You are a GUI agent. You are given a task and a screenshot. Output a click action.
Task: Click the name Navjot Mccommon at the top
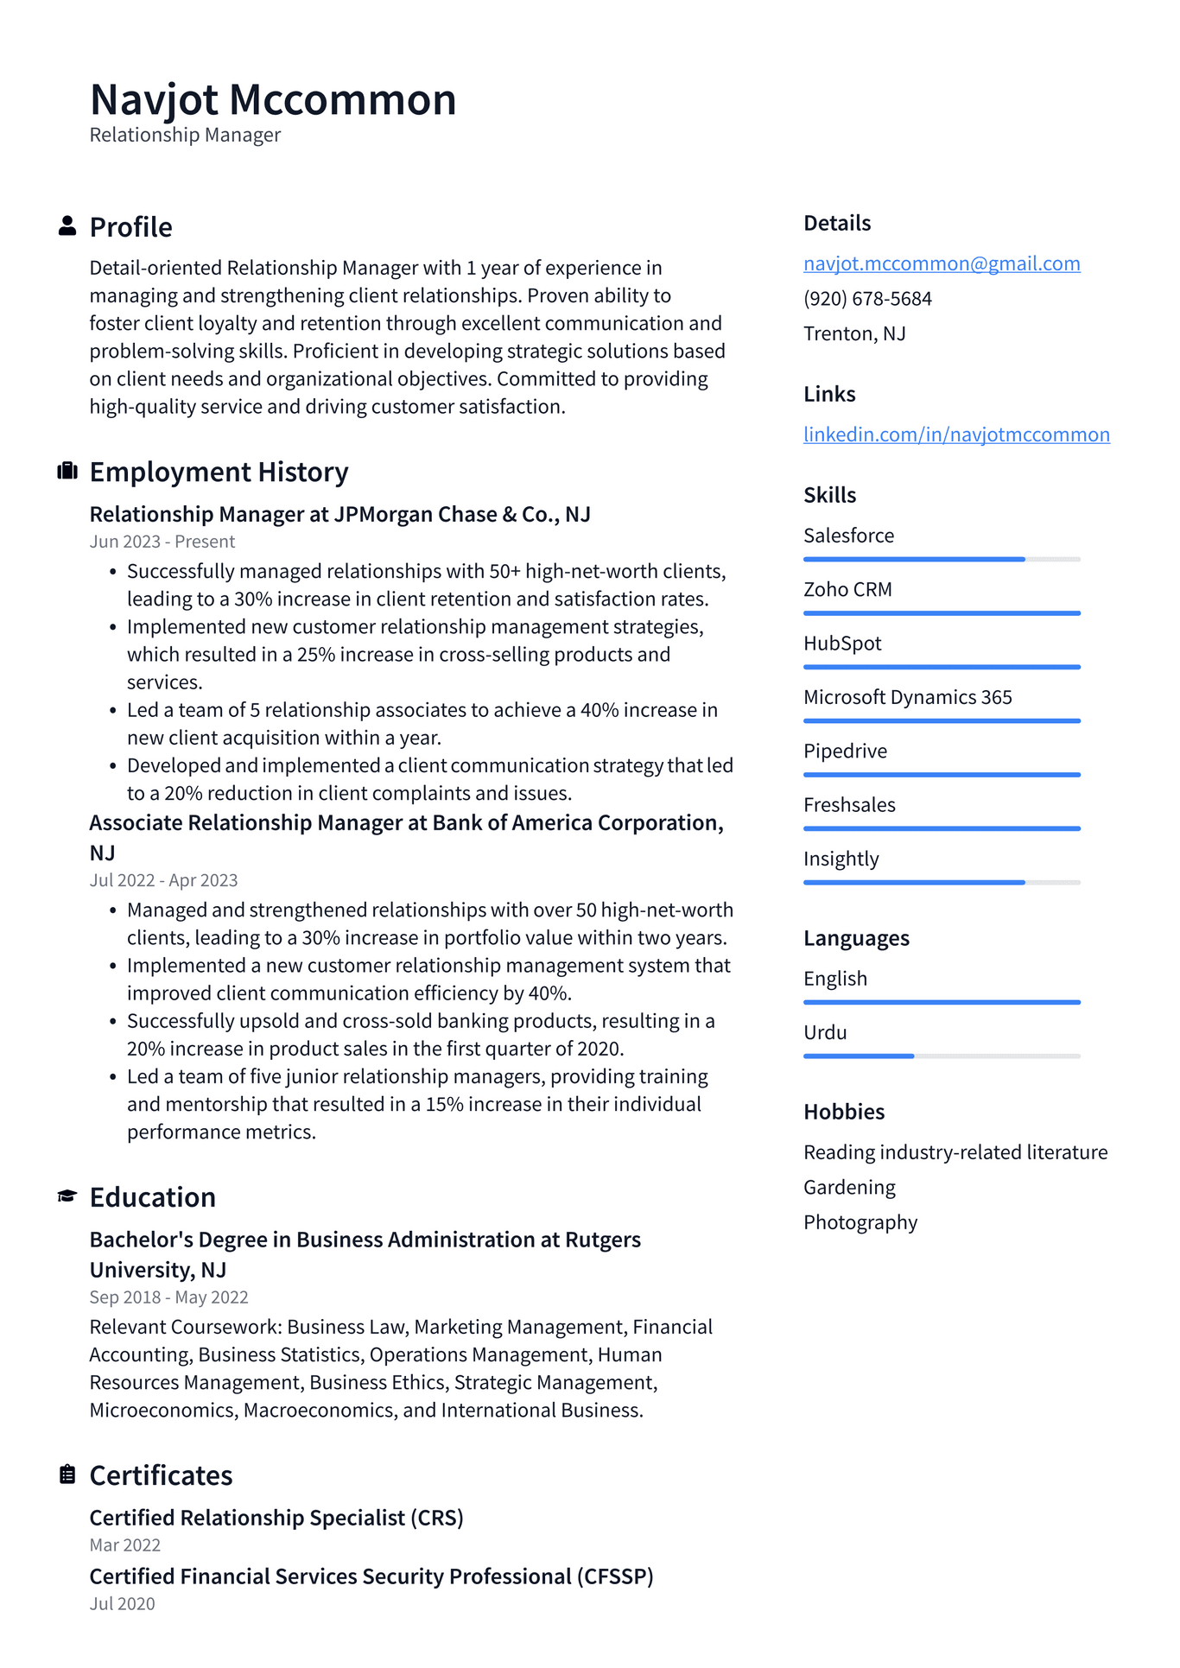(x=273, y=99)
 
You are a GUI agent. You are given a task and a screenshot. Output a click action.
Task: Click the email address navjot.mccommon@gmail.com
(x=942, y=263)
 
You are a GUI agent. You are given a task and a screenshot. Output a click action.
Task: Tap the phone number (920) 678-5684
(x=867, y=299)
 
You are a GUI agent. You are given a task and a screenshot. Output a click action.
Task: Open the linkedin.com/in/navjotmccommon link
(x=956, y=434)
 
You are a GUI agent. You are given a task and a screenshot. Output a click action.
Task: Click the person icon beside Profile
(x=67, y=226)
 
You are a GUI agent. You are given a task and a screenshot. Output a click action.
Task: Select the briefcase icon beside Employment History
(x=67, y=471)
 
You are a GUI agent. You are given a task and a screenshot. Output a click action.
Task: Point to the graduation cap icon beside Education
(x=67, y=1196)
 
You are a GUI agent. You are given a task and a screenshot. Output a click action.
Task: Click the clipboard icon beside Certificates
(x=67, y=1475)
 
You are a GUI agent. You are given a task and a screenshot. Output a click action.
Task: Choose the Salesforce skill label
(x=848, y=536)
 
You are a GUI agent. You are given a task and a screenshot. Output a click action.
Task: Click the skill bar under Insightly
(x=942, y=882)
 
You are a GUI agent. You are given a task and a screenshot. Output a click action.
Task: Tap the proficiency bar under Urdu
(x=942, y=1056)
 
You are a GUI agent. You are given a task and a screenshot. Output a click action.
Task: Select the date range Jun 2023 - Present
(x=162, y=542)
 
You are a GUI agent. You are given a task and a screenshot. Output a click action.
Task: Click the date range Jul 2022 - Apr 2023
(x=163, y=880)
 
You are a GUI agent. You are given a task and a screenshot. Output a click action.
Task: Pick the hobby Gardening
(x=849, y=1188)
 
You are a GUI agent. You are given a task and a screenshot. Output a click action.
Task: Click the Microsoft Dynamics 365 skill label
(x=907, y=697)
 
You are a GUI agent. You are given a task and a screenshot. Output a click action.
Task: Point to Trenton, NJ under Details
(x=854, y=333)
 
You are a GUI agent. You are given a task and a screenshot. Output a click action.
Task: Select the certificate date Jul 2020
(x=122, y=1604)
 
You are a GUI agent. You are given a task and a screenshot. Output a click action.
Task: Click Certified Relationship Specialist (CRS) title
(x=276, y=1518)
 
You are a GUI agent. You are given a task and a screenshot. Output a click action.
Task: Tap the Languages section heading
(x=856, y=938)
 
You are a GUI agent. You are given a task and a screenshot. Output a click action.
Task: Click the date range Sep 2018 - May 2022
(x=168, y=1297)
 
